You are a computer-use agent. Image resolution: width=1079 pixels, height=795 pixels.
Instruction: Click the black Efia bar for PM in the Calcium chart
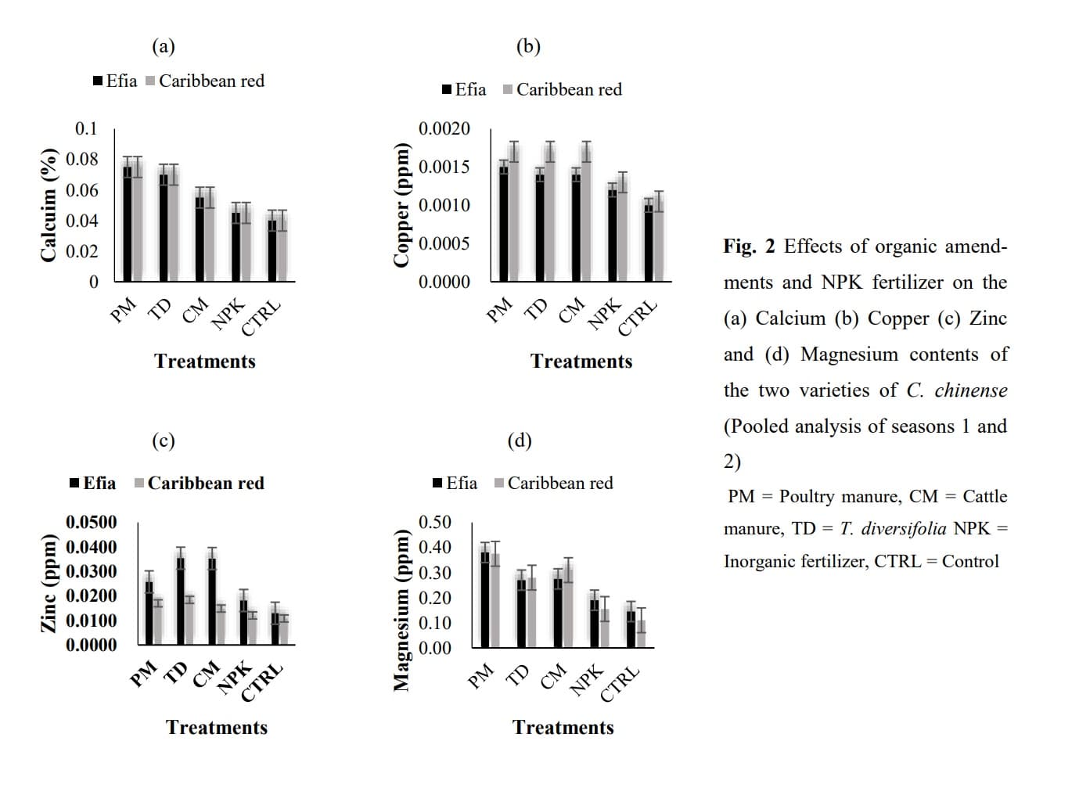[128, 224]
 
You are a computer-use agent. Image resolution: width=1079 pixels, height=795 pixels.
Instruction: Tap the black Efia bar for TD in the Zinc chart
[180, 600]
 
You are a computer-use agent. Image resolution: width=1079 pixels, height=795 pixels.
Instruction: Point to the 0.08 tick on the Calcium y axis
[82, 159]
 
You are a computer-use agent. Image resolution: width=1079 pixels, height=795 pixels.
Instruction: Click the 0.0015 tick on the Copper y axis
[444, 167]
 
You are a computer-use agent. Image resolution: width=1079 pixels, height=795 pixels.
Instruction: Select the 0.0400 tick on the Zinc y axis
[92, 547]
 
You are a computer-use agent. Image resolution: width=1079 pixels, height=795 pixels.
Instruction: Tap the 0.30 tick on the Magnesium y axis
[435, 573]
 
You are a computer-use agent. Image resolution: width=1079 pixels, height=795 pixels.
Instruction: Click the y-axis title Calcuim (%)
[49, 204]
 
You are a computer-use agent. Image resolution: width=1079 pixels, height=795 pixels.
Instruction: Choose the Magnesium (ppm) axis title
[402, 610]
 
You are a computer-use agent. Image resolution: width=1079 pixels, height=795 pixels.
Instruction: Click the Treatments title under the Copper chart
[581, 362]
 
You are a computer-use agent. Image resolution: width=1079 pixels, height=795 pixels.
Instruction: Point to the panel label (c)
[163, 441]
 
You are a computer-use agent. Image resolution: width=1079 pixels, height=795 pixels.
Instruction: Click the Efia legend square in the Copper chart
[447, 90]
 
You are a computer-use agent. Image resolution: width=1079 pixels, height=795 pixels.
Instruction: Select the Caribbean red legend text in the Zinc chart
[206, 484]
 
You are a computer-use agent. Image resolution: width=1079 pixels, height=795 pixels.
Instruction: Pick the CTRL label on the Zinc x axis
[262, 682]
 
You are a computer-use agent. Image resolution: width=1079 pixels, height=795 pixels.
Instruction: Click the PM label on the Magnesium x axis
[480, 675]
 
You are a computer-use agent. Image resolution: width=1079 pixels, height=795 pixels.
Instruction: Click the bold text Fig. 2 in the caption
[749, 246]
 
